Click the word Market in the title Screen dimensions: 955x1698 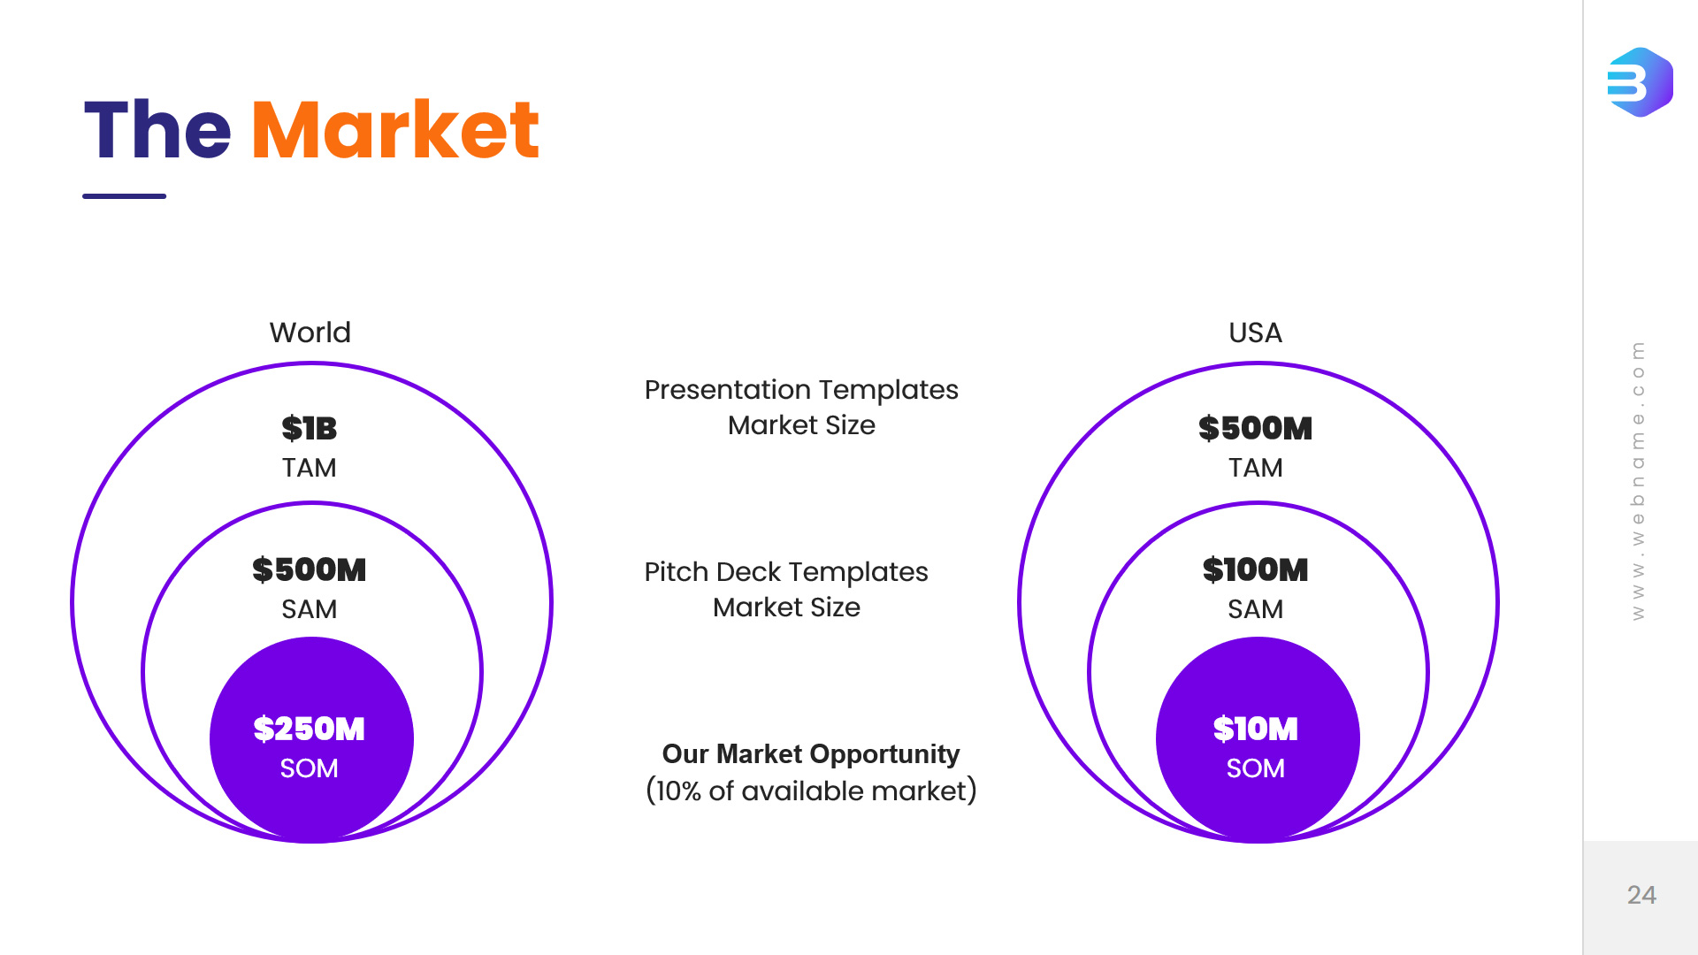(x=395, y=131)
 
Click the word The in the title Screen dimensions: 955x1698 (x=157, y=131)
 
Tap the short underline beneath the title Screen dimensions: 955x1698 (x=124, y=196)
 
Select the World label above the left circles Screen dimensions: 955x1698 (x=310, y=332)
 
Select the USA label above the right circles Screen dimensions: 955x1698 (x=1255, y=332)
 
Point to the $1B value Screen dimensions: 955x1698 (x=310, y=429)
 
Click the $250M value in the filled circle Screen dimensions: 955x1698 (x=310, y=730)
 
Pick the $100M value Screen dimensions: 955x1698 (x=1255, y=570)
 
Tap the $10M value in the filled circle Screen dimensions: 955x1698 (x=1255, y=730)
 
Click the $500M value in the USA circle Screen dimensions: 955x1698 (x=1255, y=429)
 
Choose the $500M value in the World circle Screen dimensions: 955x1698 (x=310, y=570)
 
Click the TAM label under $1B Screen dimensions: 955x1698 (x=310, y=468)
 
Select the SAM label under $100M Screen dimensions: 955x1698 (x=1255, y=609)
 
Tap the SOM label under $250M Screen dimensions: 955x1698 (x=310, y=768)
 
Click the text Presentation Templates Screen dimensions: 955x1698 (x=801, y=390)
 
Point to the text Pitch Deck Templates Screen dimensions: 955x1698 (x=786, y=572)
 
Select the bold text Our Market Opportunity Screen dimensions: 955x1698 (x=811, y=754)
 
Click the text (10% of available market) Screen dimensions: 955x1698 (x=811, y=791)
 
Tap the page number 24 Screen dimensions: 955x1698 (x=1641, y=895)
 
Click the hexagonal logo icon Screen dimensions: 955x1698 (x=1640, y=82)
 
